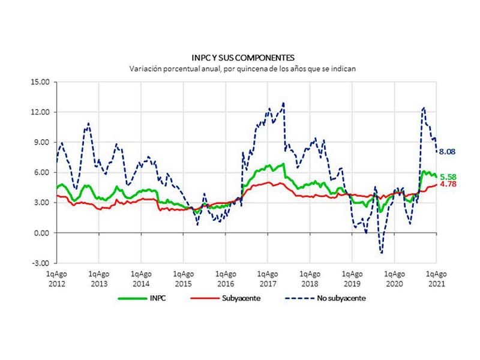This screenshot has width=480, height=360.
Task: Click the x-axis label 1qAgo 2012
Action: click(57, 277)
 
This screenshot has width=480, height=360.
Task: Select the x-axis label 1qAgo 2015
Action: click(184, 277)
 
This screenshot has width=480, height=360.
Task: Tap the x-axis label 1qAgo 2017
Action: click(268, 277)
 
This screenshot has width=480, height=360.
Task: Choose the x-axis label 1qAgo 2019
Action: click(352, 277)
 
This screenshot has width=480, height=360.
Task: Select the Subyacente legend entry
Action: click(238, 297)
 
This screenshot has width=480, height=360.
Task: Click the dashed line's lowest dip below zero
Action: click(381, 253)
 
